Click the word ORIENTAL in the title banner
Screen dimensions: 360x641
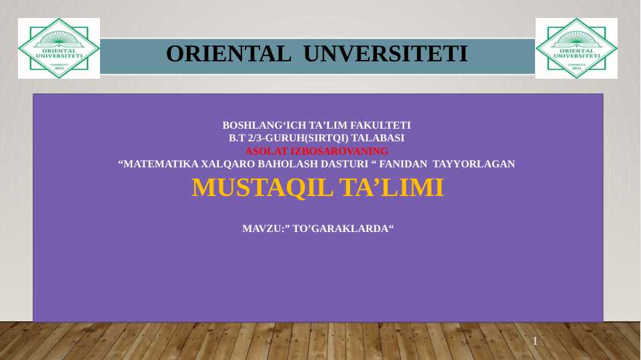pyautogui.click(x=229, y=53)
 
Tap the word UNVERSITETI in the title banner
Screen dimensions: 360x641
pyautogui.click(x=386, y=53)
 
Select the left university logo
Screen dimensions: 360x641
pyautogui.click(x=59, y=48)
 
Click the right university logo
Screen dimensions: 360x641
pyautogui.click(x=576, y=48)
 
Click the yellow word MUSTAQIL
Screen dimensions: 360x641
pyautogui.click(x=262, y=188)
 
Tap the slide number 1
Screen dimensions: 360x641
pyautogui.click(x=535, y=342)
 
